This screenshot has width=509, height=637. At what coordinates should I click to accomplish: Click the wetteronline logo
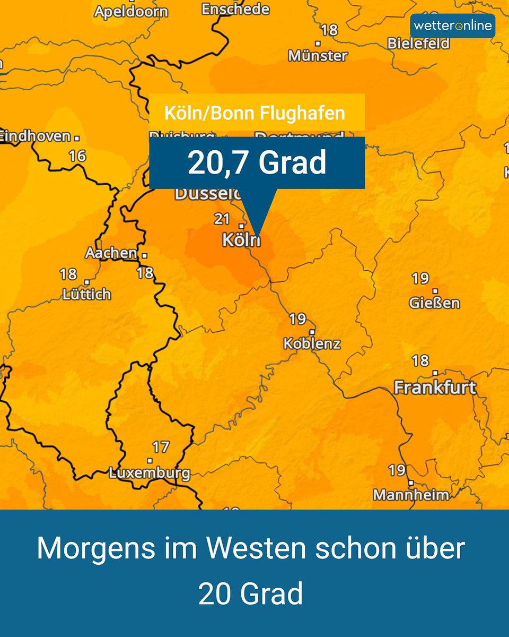tap(452, 25)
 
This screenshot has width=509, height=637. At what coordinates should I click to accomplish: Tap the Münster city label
tap(318, 55)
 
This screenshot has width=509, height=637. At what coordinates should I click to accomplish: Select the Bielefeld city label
tap(418, 44)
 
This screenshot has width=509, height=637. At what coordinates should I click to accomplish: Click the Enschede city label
tap(235, 9)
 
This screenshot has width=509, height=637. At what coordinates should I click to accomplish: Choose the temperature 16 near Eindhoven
tap(77, 156)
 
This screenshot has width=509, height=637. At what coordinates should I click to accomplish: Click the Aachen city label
tap(111, 253)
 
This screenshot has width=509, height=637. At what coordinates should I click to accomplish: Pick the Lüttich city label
tap(87, 294)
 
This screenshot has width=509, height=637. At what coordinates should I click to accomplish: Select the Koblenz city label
tap(312, 343)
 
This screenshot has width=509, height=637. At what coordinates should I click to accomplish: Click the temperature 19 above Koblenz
tap(297, 319)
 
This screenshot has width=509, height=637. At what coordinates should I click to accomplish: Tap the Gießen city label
tap(434, 303)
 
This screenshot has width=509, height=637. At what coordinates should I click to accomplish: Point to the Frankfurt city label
tap(435, 388)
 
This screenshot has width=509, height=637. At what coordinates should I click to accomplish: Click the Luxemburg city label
tap(150, 473)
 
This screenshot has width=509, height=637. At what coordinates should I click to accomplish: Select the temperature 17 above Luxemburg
tap(161, 447)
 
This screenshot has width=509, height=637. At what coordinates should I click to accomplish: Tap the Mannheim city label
tap(411, 495)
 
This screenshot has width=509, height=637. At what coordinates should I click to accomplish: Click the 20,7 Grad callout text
tap(257, 163)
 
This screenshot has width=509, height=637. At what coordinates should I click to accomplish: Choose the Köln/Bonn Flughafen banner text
tap(254, 113)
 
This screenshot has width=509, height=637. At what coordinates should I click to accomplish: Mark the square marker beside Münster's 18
tap(318, 43)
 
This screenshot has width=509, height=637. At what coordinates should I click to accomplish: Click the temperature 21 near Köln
tap(222, 218)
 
